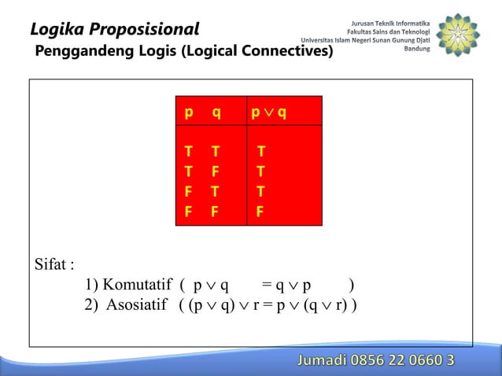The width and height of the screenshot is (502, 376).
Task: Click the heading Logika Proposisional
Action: point(115,30)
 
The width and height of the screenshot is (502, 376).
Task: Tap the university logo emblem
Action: point(457,36)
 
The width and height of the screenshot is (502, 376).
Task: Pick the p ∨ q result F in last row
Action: point(260,211)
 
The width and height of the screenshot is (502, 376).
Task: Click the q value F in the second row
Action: point(216,171)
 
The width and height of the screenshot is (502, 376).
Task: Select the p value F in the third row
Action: point(189,191)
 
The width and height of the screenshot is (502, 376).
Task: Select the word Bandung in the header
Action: point(416,48)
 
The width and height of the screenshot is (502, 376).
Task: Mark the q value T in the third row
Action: point(216,191)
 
